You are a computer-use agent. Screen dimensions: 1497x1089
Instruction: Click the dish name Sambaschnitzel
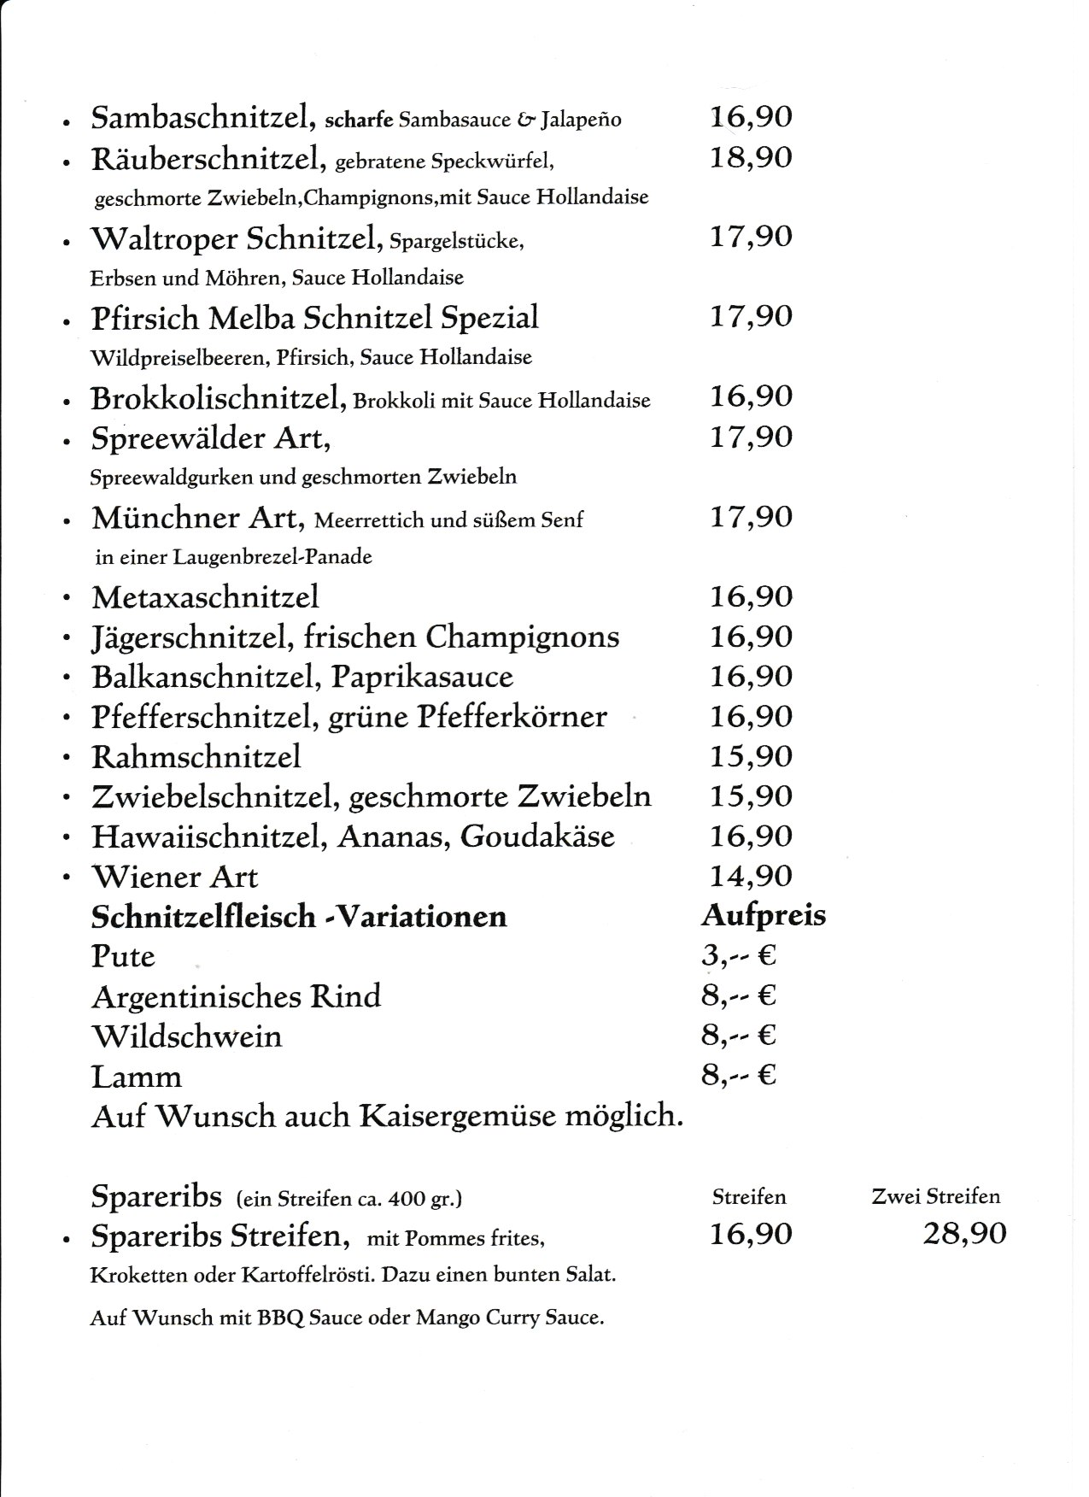coord(200,118)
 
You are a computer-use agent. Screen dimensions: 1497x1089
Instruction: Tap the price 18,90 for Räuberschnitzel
coord(751,157)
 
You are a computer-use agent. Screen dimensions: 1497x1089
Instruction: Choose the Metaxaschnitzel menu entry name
coord(205,596)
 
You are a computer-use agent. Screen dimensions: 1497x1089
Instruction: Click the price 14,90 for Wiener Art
coord(751,876)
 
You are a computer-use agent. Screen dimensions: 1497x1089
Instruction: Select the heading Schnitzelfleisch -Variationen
coord(299,917)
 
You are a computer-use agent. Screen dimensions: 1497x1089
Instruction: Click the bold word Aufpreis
coord(764,915)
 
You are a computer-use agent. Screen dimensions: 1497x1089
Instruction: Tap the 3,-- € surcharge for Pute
coord(738,955)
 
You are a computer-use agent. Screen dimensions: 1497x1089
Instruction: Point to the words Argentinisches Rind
coord(236,996)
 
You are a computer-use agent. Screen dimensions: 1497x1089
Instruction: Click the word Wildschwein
coord(186,1036)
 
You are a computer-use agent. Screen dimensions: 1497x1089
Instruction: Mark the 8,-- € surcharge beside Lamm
coord(738,1075)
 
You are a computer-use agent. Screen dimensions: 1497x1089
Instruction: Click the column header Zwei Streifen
coord(935,1197)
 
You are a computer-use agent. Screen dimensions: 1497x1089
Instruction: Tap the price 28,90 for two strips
coord(964,1234)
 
